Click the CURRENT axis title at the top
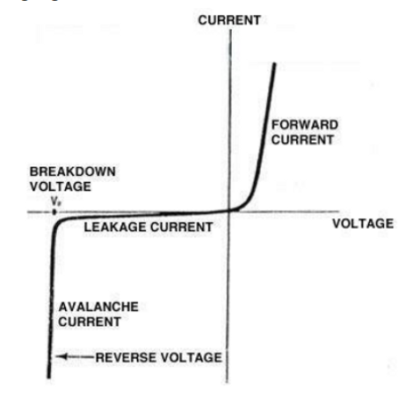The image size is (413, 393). tap(229, 20)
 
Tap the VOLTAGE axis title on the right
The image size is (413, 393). tap(363, 223)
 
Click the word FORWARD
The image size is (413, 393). tap(305, 125)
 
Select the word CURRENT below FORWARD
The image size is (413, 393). tap(302, 140)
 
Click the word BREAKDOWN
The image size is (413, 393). tap(73, 171)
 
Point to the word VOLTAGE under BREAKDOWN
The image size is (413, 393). tap(61, 186)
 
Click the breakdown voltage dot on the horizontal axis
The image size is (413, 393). tap(54, 212)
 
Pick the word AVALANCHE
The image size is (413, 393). tap(98, 307)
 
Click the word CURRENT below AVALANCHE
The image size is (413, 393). tap(90, 322)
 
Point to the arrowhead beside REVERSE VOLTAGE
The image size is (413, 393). tap(61, 357)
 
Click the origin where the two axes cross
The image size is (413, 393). tap(229, 210)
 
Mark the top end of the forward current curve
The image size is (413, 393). tap(274, 63)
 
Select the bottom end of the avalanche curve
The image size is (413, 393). tap(48, 377)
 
